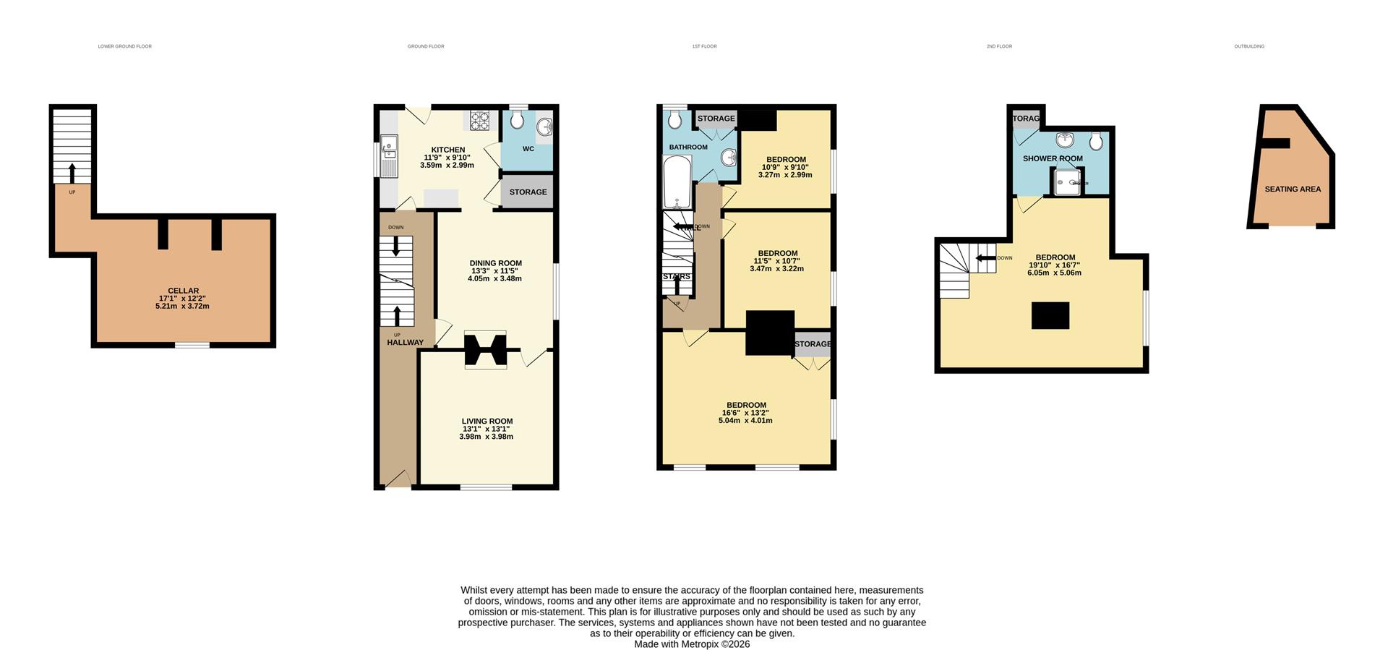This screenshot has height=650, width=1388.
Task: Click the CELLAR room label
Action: tap(183, 291)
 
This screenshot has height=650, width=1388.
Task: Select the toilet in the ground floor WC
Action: tap(517, 119)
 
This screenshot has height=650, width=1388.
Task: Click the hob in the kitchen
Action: tap(480, 121)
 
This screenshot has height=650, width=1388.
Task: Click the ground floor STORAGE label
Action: tap(528, 192)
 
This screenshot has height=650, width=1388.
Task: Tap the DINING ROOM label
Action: tap(495, 263)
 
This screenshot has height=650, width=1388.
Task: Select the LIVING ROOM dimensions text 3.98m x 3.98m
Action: tap(486, 437)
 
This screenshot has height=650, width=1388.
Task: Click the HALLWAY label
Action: tap(405, 343)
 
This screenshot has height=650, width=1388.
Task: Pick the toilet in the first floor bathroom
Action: tap(675, 119)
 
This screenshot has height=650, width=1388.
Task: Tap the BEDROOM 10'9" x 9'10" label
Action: tap(786, 160)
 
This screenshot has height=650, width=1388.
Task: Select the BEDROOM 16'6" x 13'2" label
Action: tap(746, 406)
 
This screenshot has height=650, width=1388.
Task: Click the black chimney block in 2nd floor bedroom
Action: tap(1050, 316)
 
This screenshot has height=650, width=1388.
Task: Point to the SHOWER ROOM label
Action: tap(1053, 158)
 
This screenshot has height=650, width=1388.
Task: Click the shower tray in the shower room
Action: tap(1068, 182)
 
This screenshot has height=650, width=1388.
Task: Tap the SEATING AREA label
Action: tap(1293, 189)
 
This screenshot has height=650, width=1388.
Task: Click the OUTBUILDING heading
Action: tap(1249, 46)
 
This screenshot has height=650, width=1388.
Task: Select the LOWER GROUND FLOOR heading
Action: tap(124, 46)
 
